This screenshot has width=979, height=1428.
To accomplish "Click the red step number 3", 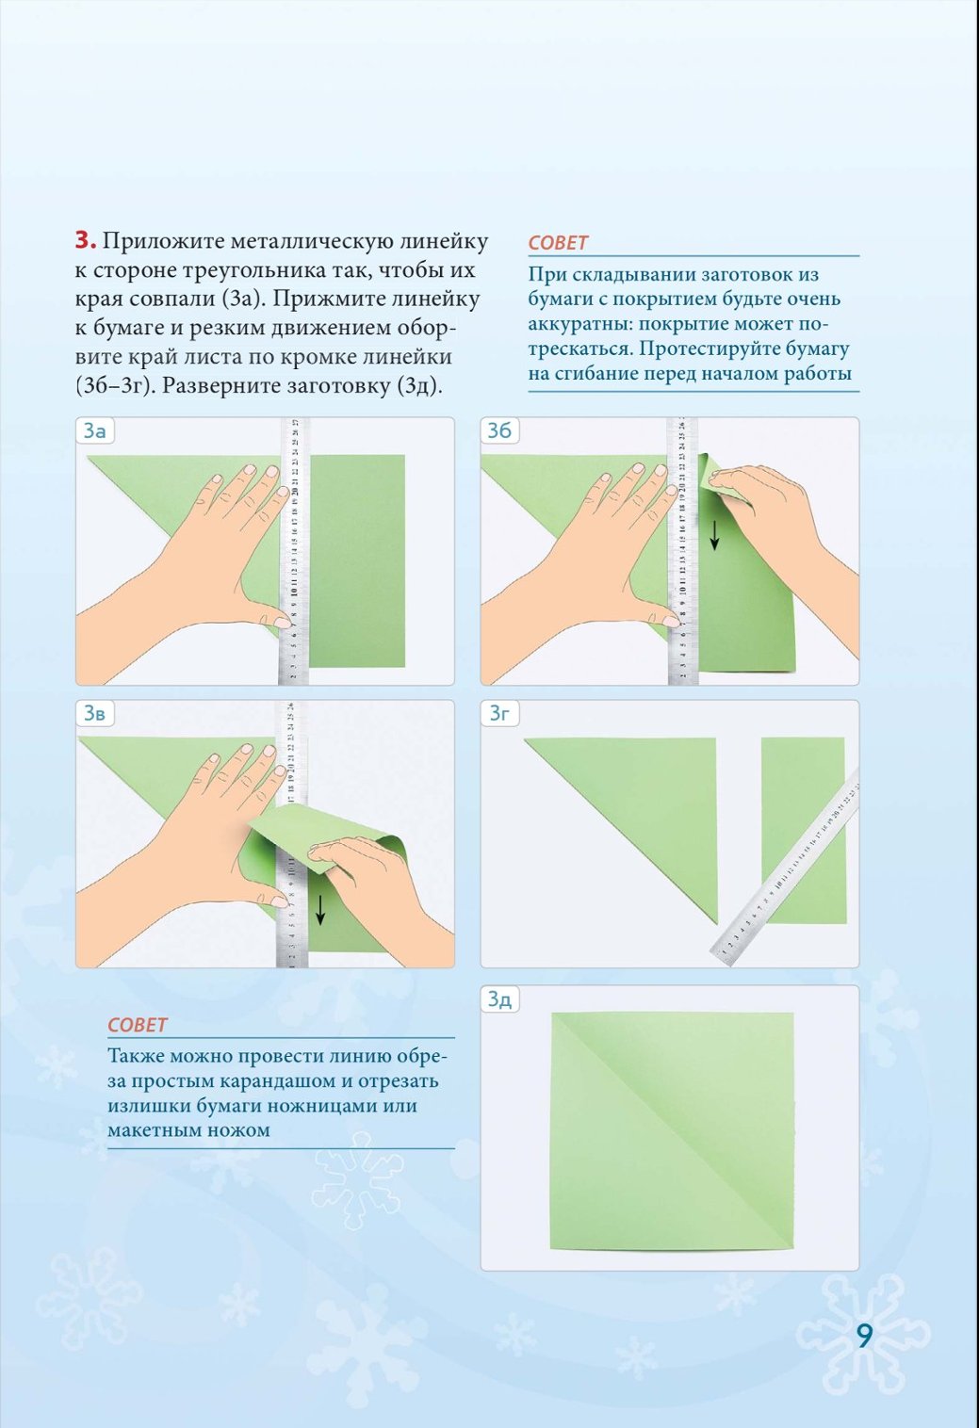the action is coord(86,241).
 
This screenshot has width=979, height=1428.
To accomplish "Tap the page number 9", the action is coord(864,1337).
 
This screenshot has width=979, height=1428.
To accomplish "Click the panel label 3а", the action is coord(94,431).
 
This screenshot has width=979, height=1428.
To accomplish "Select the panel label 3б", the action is coord(499,431).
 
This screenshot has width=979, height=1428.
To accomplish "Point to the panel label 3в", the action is coord(94,714).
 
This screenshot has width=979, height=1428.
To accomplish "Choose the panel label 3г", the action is coord(499,714).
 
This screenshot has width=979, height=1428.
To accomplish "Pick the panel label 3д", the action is coord(499,999).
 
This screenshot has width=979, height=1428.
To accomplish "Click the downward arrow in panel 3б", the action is coord(715,535).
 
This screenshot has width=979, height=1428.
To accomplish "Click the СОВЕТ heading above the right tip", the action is coord(558,243).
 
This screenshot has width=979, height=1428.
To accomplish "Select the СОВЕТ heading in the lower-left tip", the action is coord(138,1025).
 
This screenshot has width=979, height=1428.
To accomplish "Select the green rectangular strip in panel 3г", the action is coord(804,830).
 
